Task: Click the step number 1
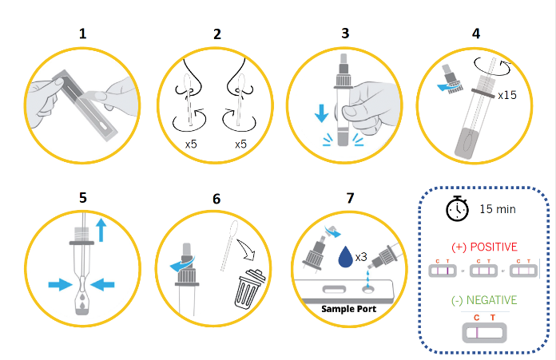coord(82,34)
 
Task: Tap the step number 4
coord(476,34)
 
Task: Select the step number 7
coord(351,198)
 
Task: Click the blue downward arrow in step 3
coord(321,113)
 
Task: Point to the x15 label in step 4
coord(507,95)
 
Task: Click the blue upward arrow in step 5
coord(101,230)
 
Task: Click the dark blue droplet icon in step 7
coord(346,256)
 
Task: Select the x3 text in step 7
coord(361,257)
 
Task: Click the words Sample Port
coord(348,309)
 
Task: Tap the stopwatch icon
coord(457,208)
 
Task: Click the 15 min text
coord(498,209)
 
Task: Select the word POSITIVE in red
coord(494,247)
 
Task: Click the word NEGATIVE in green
coord(491,300)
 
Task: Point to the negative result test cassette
coord(484,333)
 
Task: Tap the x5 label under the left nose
coord(191,144)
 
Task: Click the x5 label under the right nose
coord(240,144)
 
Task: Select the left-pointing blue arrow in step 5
coord(103,284)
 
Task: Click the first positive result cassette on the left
coord(443,271)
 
